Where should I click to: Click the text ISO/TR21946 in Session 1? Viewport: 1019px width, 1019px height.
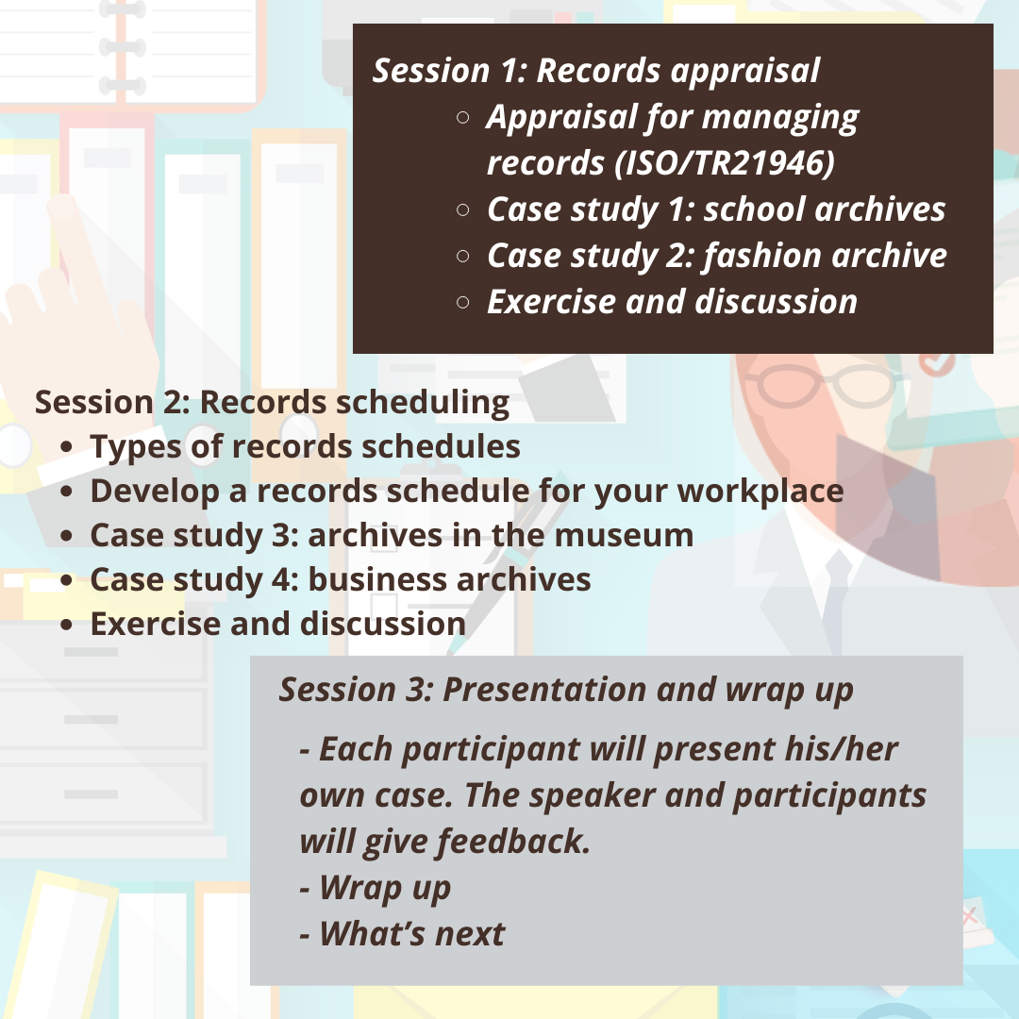tap(725, 162)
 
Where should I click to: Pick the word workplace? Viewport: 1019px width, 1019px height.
tap(761, 492)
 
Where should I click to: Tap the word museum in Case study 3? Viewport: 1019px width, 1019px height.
tap(624, 536)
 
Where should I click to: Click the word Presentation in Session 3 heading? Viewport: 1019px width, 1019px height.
tap(544, 690)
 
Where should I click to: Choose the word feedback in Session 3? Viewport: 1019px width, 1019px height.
tap(513, 841)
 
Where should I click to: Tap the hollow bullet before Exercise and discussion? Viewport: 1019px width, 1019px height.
tap(462, 302)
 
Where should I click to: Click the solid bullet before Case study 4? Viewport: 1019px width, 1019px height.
tap(66, 580)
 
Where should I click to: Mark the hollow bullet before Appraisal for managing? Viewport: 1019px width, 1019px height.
tap(462, 118)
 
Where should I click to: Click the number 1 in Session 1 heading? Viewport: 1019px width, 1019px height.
tap(509, 71)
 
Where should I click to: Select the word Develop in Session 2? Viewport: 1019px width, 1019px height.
tap(155, 492)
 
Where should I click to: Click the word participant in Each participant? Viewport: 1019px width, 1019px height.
tap(491, 750)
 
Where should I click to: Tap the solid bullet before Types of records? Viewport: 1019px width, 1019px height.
tap(66, 447)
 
